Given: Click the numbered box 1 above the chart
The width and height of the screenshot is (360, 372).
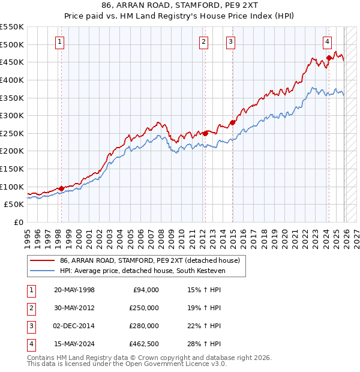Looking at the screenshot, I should coord(61,41).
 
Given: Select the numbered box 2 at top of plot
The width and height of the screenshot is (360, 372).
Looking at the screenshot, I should coord(204,41).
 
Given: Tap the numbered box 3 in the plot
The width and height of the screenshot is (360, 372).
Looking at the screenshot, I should coord(230,41).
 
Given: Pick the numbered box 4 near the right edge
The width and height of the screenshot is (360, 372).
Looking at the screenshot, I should coord(328,41).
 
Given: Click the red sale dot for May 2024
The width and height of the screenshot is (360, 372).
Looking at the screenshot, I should coord(329,58).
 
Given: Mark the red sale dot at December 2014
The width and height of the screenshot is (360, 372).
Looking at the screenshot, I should coord(232,122).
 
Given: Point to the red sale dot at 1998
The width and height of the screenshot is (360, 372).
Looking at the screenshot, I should coord(61,188).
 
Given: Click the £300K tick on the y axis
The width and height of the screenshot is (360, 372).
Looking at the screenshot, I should coord(12,115).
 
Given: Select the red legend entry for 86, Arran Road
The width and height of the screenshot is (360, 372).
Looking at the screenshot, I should coord(149,260).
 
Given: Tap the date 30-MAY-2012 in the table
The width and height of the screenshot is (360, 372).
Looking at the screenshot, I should coord(74,308).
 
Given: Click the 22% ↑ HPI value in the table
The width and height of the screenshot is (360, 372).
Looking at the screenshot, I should coord(204,326).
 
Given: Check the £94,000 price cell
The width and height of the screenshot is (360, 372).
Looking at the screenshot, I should coord(145,290).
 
